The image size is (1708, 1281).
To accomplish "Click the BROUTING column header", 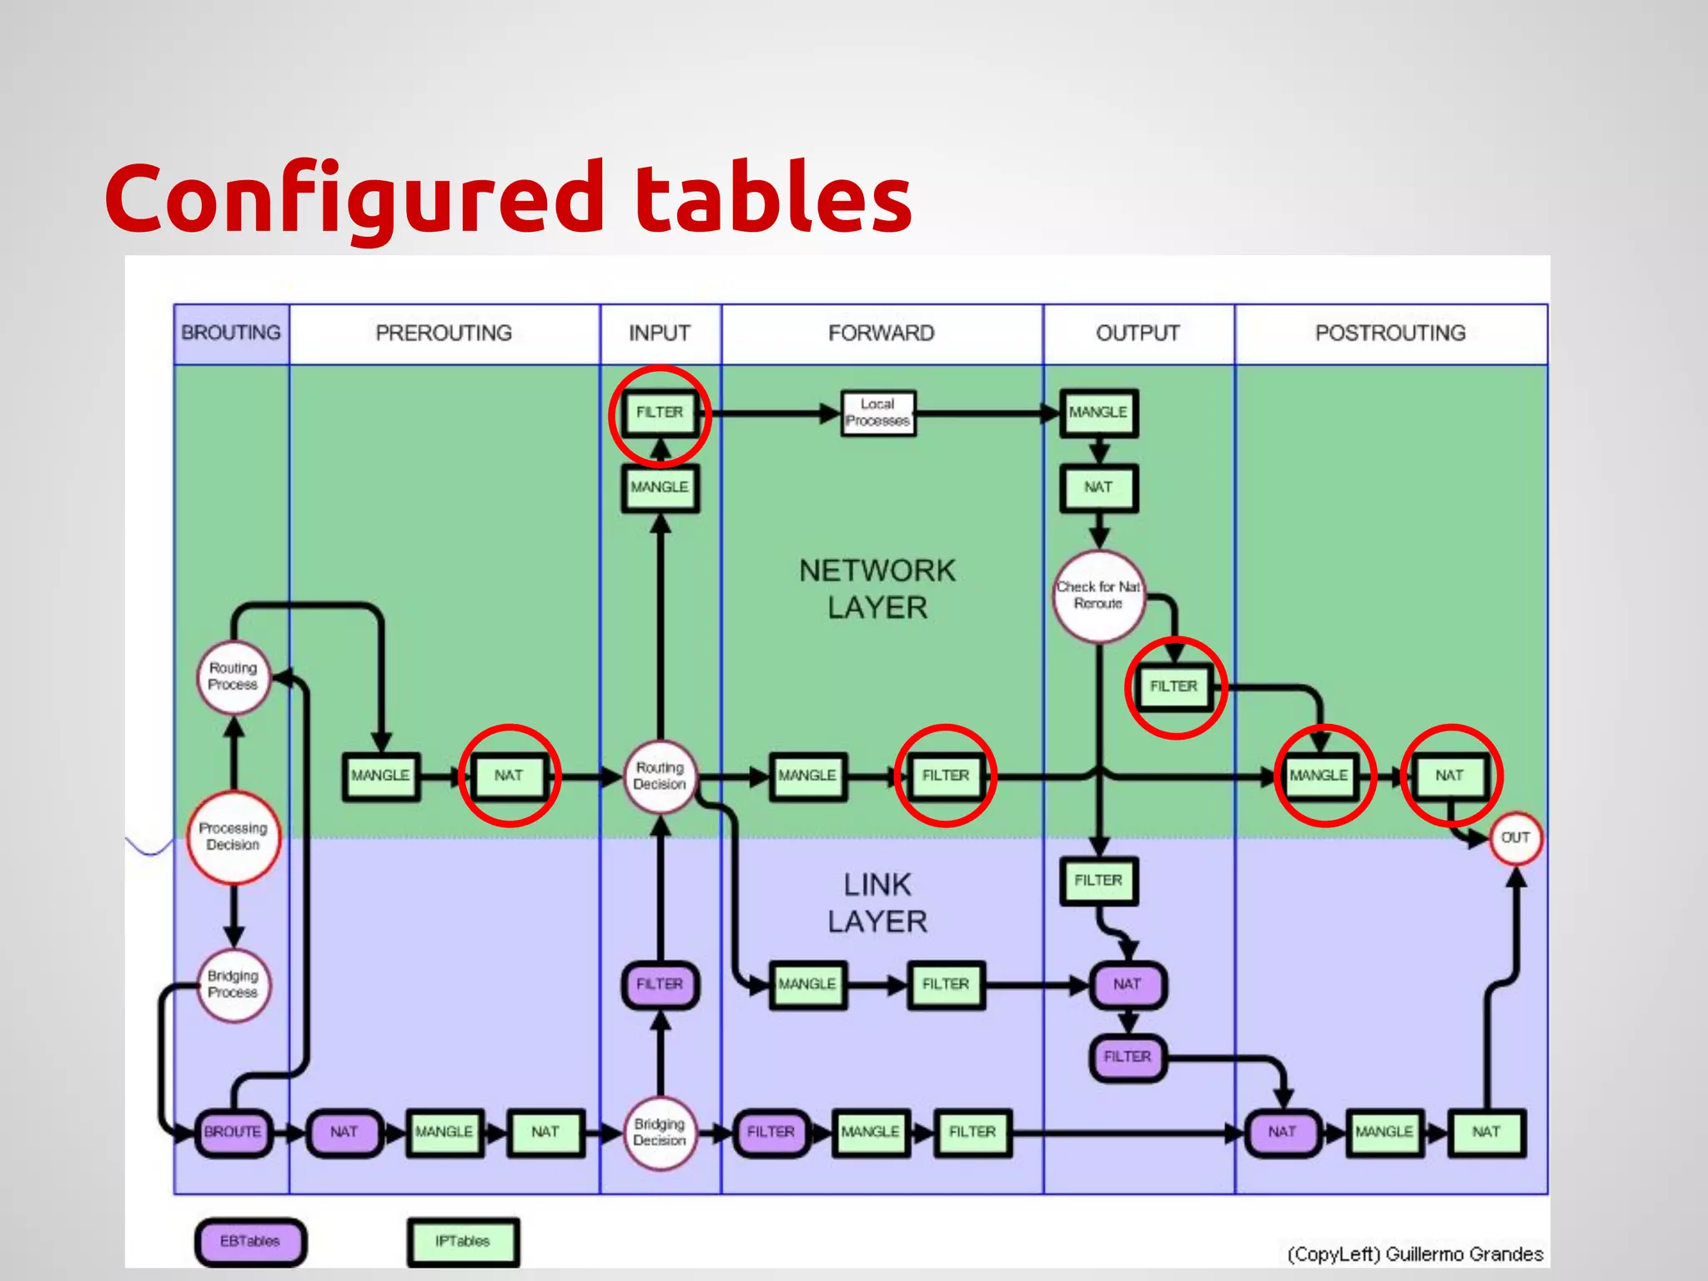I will point(231,333).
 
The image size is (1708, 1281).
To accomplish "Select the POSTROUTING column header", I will point(1390,333).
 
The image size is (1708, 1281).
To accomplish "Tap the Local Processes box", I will point(877,413).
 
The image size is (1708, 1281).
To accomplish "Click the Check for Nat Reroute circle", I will point(1098,595).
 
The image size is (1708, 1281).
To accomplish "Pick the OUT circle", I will point(1515,837).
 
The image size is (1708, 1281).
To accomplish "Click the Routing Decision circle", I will point(660,776).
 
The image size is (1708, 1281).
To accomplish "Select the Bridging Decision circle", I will point(660,1132).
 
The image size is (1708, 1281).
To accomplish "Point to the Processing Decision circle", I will point(234,836).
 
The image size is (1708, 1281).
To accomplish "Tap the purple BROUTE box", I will point(233,1132).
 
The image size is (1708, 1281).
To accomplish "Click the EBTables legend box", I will point(250,1241).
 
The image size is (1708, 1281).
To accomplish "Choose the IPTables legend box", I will point(463,1241).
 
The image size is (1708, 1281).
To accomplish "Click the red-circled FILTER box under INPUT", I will point(660,413).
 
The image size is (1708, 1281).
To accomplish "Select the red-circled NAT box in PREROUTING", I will point(509,776).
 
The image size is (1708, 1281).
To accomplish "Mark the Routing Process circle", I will point(234,676).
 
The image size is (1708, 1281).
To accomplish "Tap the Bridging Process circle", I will point(234,984).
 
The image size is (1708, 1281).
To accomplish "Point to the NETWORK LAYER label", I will point(877,589).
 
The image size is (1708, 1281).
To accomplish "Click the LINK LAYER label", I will point(877,902).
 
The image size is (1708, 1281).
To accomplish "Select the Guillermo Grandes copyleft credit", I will point(1414,1254).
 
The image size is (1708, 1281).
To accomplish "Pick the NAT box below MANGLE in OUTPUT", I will point(1098,487).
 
